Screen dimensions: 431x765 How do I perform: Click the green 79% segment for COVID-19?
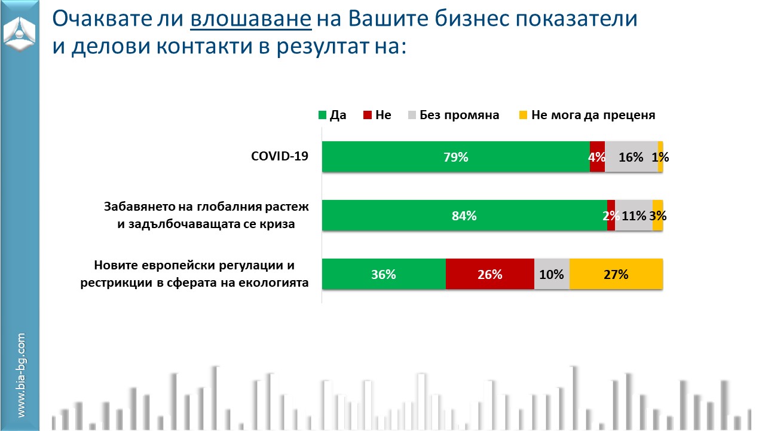click(455, 157)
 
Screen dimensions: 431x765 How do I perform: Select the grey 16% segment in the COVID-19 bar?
click(631, 157)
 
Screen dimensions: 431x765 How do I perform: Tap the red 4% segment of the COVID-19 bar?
click(597, 157)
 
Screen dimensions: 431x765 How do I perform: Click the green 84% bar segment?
click(464, 216)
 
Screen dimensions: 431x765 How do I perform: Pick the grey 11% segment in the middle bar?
click(634, 216)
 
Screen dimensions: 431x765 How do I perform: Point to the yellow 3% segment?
click(657, 216)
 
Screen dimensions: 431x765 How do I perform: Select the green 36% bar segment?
click(384, 275)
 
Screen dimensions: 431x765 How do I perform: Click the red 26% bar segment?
click(489, 275)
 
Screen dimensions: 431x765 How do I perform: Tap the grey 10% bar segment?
click(551, 275)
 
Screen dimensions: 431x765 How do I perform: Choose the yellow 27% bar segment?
click(616, 275)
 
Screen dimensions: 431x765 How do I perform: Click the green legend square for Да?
click(322, 116)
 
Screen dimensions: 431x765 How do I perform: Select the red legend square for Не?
click(367, 116)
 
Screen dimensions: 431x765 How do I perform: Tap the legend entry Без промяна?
click(459, 116)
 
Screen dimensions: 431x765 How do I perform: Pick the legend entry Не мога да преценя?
click(593, 116)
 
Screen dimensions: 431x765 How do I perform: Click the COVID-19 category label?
click(279, 157)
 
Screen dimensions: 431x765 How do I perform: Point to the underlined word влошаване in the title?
click(251, 20)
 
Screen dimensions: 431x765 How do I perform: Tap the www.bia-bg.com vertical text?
click(21, 375)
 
